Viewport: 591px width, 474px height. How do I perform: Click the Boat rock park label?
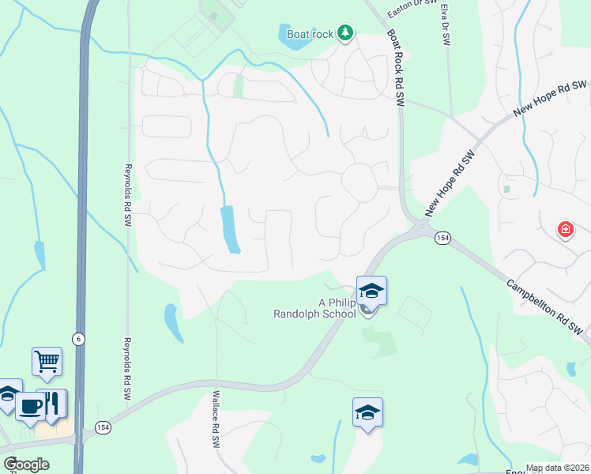pos(310,34)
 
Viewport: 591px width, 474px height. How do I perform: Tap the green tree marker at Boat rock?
pos(344,33)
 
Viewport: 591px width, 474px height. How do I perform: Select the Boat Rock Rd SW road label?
pos(395,68)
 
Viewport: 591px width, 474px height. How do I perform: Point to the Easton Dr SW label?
pos(413,9)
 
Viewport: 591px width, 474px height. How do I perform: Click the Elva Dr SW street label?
pos(445,24)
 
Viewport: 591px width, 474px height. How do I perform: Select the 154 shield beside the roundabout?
pos(442,239)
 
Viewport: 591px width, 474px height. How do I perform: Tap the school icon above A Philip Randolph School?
pos(371,292)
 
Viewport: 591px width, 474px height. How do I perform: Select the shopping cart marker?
pos(47,362)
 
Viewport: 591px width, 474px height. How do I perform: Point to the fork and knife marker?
pos(52,402)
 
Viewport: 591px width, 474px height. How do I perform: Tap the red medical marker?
pos(565,231)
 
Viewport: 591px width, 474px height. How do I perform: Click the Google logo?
pos(25,465)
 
